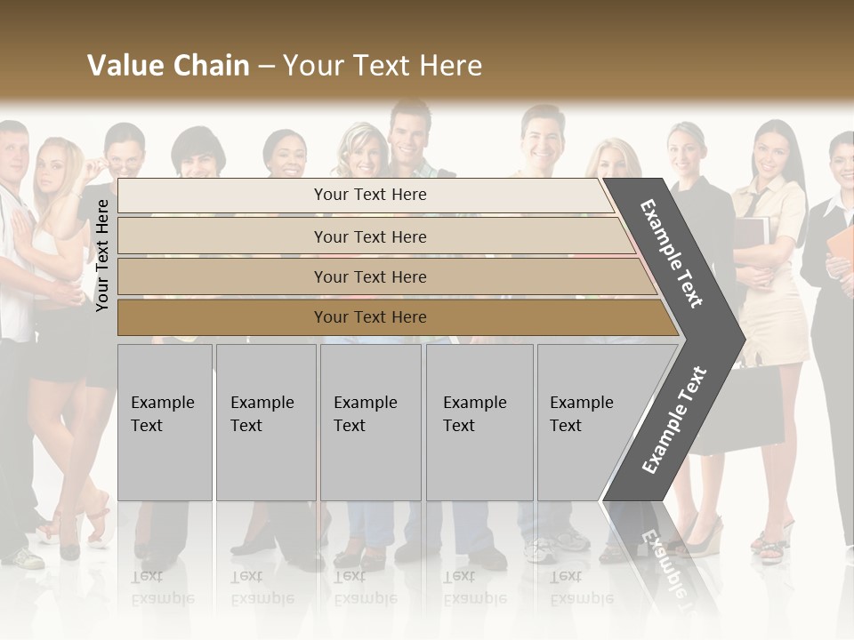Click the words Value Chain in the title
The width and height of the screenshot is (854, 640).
click(x=168, y=65)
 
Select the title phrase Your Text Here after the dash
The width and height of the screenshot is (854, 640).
click(x=383, y=65)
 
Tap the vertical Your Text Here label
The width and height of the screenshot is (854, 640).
click(x=102, y=255)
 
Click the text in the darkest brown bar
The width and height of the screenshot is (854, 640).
click(x=370, y=317)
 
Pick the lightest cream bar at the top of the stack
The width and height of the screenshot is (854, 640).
click(x=370, y=195)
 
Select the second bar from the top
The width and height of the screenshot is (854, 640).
click(x=370, y=236)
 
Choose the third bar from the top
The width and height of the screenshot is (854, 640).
click(x=370, y=276)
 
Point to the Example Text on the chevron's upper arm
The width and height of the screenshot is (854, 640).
click(x=672, y=252)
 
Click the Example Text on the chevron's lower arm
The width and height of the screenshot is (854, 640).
click(x=674, y=420)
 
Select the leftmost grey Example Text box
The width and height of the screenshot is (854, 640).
click(x=165, y=422)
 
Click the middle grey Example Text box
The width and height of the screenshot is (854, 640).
click(x=370, y=422)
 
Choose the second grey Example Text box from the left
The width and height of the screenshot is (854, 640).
click(x=266, y=422)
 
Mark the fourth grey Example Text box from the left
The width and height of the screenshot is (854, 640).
click(x=479, y=422)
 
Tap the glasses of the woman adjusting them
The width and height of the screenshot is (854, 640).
click(x=125, y=164)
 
